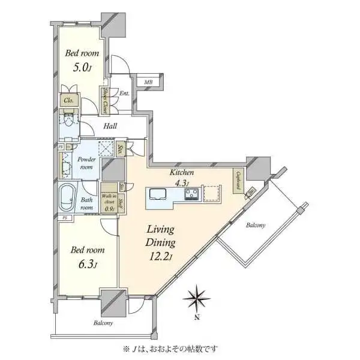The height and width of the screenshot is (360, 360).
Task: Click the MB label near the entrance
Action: click(x=148, y=82)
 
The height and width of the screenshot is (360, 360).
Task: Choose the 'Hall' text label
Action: click(x=110, y=126)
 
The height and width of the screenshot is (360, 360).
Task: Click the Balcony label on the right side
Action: click(x=256, y=226)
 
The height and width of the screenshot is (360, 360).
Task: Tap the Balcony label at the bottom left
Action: click(x=103, y=323)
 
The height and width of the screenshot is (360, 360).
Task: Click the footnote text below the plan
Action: click(x=172, y=348)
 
